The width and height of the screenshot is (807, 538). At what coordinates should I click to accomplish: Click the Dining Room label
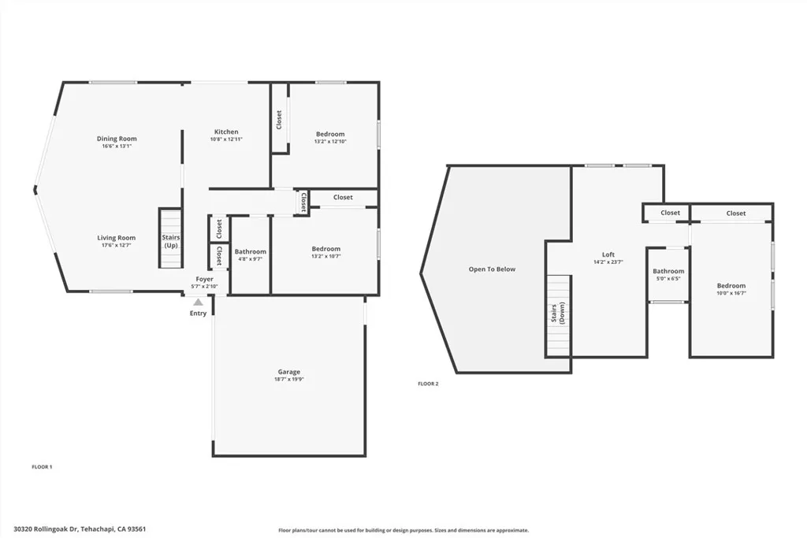point(117,139)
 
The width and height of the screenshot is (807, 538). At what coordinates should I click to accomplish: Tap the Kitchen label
point(226,132)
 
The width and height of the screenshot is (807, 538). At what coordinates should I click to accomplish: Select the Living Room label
point(117,238)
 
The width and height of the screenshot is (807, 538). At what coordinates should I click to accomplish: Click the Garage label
point(288,372)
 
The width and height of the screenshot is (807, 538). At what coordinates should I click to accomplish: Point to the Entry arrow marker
point(198,302)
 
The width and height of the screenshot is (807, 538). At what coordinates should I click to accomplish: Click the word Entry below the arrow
point(198,314)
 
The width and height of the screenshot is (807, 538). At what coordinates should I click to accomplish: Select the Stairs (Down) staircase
point(558,315)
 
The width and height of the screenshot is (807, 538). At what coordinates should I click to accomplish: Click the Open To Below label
point(492,269)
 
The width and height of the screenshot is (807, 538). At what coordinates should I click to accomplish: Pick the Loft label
point(608,254)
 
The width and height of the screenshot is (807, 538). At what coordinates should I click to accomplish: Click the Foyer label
point(205,279)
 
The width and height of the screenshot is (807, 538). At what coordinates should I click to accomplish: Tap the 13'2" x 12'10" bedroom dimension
point(330,142)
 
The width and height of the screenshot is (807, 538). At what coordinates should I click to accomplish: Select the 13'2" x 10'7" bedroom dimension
point(325,257)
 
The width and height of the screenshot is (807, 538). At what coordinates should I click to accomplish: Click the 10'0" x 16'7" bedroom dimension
point(731,293)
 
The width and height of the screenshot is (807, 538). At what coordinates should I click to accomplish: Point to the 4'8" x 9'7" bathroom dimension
point(250,259)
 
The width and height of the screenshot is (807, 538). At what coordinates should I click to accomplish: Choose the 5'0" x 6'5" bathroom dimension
point(668,279)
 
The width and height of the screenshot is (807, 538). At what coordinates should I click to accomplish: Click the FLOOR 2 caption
point(428,384)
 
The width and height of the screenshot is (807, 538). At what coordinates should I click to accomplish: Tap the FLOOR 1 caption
point(42,467)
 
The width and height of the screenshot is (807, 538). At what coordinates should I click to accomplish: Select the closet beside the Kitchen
point(279,120)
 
